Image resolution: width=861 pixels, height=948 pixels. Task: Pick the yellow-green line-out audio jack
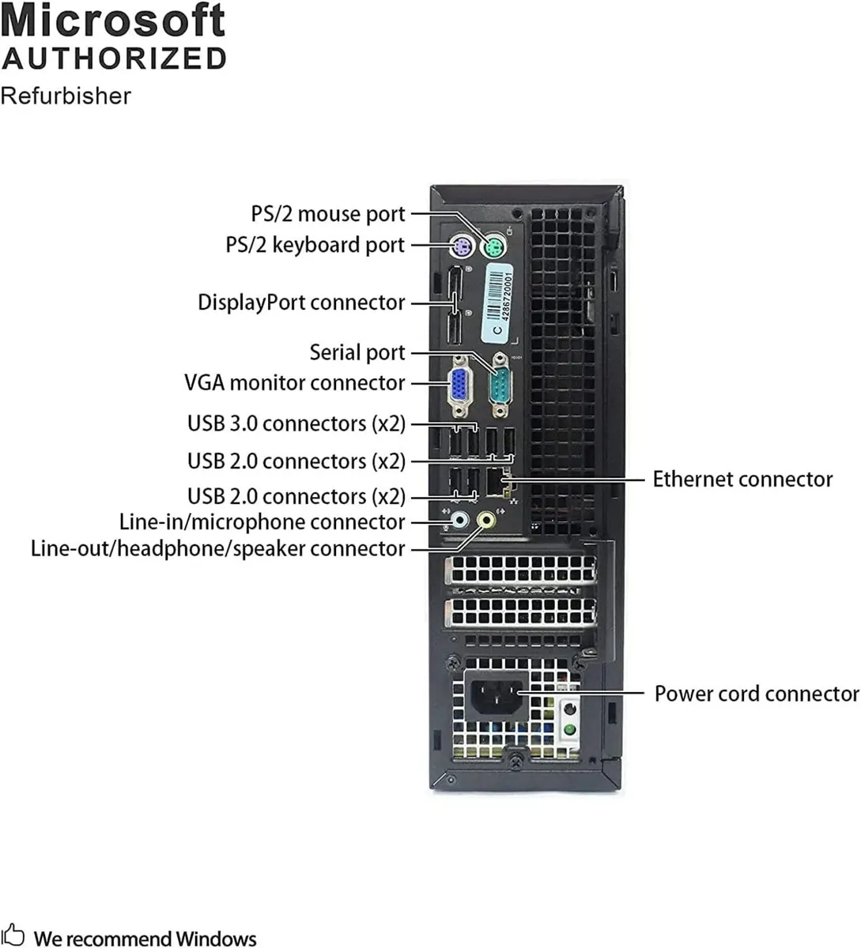487,520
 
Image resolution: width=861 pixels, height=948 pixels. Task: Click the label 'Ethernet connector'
742,480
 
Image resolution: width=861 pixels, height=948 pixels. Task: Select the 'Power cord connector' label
756,694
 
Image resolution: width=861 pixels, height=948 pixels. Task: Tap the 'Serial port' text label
357,352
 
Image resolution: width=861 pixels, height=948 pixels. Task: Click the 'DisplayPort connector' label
300,303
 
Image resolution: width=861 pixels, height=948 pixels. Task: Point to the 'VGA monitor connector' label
294,383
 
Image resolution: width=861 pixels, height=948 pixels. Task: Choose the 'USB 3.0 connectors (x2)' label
296,423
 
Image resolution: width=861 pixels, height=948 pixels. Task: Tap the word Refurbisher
66,96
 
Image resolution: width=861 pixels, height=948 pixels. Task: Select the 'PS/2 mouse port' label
327,214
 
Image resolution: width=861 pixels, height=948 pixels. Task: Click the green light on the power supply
568,728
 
